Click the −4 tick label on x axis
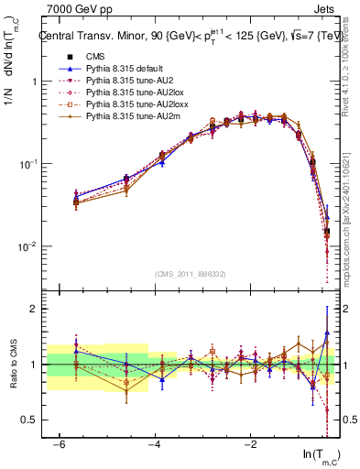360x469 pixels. (155, 443)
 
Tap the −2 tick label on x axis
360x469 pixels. (250, 443)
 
